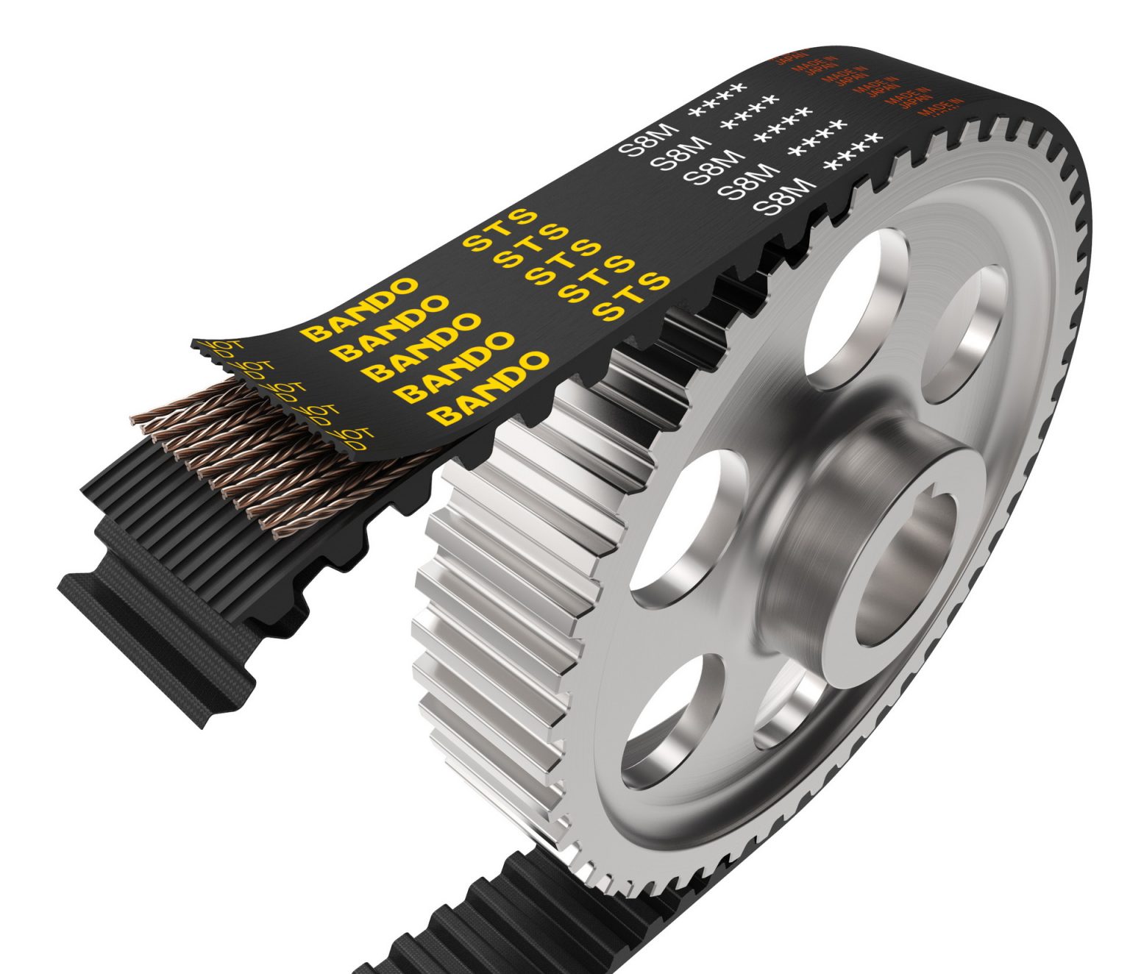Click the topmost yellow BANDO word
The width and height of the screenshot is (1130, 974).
(x=360, y=308)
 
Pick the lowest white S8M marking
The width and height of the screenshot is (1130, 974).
(x=785, y=196)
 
